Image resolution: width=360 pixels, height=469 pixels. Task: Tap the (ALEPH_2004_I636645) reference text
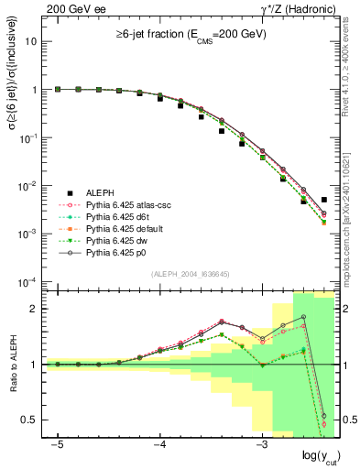pyautogui.click(x=190, y=275)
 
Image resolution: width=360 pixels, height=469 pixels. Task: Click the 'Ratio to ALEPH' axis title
pyautogui.click(x=13, y=364)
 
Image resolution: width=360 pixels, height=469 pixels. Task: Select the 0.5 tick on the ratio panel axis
pyautogui.click(x=35, y=420)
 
